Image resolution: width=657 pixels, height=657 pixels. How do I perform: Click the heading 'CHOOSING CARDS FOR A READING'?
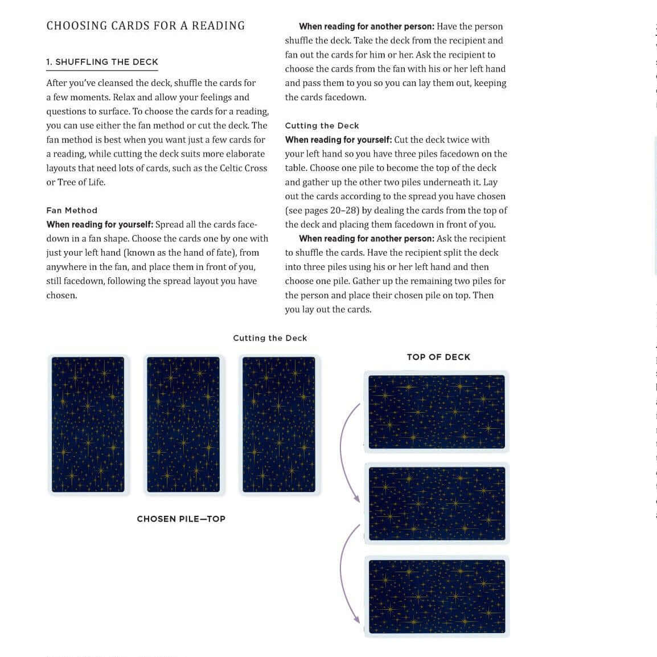pos(145,26)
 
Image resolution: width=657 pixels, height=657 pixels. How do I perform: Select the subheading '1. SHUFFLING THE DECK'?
pos(102,62)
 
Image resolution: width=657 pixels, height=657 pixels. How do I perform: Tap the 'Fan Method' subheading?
pos(72,211)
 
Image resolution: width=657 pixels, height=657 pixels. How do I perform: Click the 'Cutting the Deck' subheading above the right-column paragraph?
pos(322,126)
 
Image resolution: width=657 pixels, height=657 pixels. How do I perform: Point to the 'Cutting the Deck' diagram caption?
pos(270,338)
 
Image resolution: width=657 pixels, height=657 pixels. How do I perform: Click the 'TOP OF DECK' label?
pos(438,357)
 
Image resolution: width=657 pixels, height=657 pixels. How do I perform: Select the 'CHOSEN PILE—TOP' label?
pos(181,519)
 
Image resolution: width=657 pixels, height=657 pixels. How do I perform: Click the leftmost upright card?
pos(88,425)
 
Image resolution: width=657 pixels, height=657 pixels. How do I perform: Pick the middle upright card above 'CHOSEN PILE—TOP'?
pos(183,425)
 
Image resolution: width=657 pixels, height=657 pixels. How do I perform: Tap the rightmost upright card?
pos(279,425)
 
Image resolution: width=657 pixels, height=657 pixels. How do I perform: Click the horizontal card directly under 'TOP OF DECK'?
pos(437,412)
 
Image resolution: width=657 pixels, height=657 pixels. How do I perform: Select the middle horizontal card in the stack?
pos(437,504)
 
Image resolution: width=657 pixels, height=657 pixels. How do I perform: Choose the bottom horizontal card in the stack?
pos(437,597)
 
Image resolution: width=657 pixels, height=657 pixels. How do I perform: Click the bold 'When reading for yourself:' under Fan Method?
pos(100,225)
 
